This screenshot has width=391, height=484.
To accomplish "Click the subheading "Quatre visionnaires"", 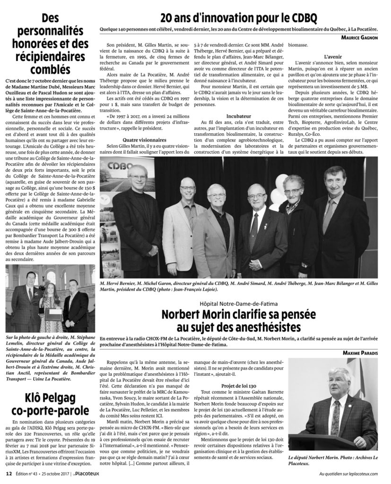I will point(145,140).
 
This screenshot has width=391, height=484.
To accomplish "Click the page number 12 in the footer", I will point(9,474).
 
